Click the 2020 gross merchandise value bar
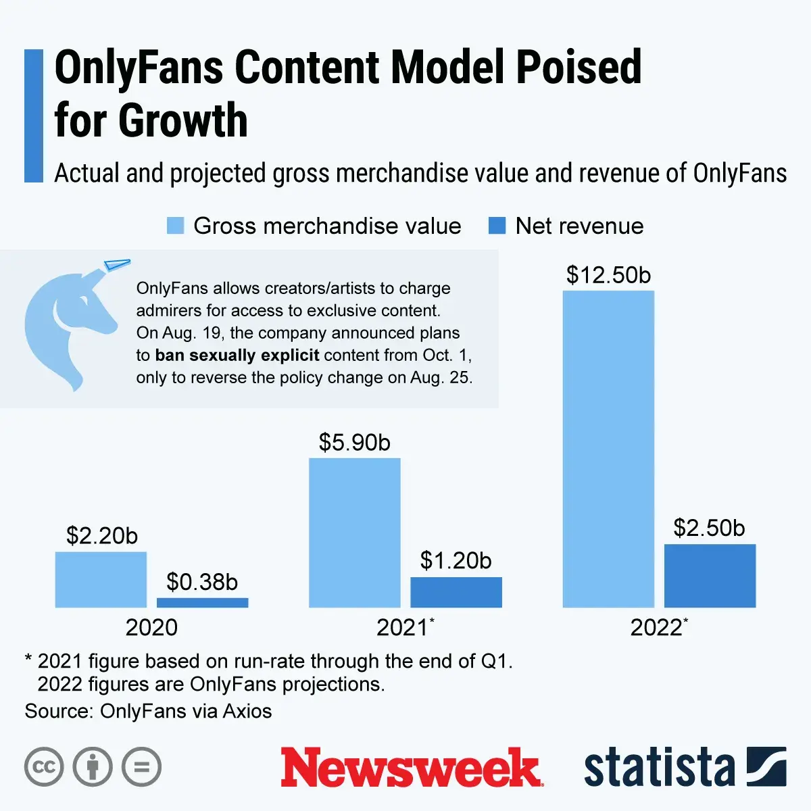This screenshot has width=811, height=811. pyautogui.click(x=101, y=579)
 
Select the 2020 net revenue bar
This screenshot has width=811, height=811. pyautogui.click(x=202, y=602)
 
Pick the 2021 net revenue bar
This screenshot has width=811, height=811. pyautogui.click(x=456, y=592)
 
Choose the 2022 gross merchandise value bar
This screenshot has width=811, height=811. pyautogui.click(x=608, y=449)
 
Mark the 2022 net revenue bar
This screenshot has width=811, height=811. pyautogui.click(x=710, y=576)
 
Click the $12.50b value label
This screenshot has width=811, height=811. pyautogui.click(x=608, y=275)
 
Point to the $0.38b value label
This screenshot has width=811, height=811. pyautogui.click(x=202, y=582)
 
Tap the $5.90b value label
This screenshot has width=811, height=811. pyautogui.click(x=355, y=443)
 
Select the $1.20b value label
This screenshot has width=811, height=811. pyautogui.click(x=456, y=560)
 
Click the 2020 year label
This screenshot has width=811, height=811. pyautogui.click(x=151, y=627)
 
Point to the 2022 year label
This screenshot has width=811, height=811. pyautogui.click(x=657, y=627)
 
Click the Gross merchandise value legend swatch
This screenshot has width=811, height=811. pyautogui.click(x=176, y=226)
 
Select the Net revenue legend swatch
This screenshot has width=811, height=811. pyautogui.click(x=497, y=226)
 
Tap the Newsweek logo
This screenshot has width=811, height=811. pyautogui.click(x=411, y=768)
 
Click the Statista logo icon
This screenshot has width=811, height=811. pyautogui.click(x=766, y=766)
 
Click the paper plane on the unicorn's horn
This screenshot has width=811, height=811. pyautogui.click(x=116, y=264)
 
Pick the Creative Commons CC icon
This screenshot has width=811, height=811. pyautogui.click(x=44, y=767)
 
